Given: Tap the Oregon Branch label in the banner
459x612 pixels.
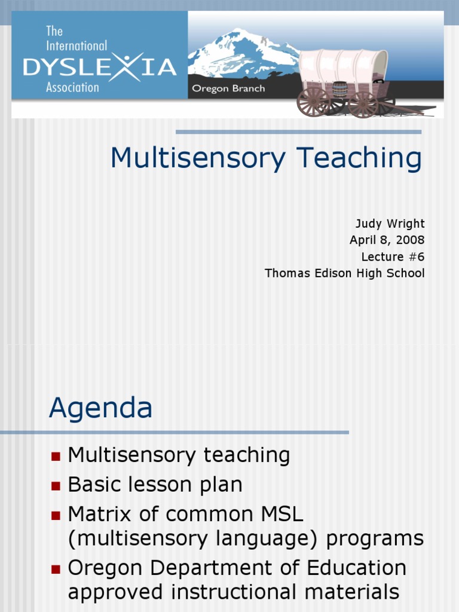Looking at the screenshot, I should [x=228, y=88].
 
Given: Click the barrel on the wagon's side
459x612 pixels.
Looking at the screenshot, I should [x=340, y=90].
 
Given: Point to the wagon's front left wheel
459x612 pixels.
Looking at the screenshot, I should [x=313, y=102].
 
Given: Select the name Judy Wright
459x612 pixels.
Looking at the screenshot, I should [x=390, y=224].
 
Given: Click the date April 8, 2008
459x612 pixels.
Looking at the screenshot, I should [x=387, y=240].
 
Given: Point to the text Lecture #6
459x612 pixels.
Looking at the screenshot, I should [x=393, y=257].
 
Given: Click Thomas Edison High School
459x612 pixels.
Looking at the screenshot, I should [x=344, y=273].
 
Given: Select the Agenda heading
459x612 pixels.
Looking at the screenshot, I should [x=100, y=408].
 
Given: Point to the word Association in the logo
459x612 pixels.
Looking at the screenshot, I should [x=72, y=87].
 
